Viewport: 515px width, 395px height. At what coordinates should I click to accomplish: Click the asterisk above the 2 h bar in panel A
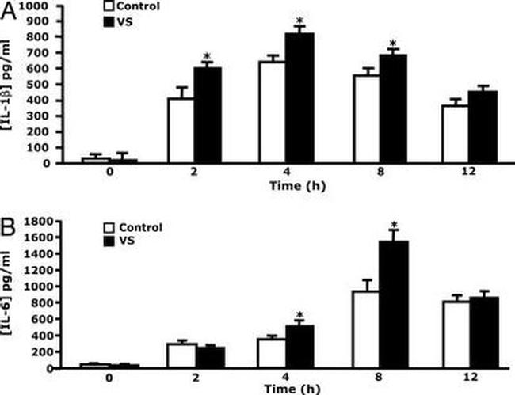[207, 56]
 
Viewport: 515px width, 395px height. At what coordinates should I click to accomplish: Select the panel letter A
[10, 10]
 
